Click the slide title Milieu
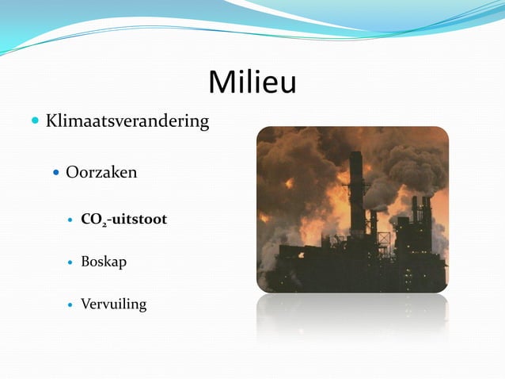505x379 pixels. pyautogui.click(x=252, y=82)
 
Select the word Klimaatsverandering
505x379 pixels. pyautogui.click(x=127, y=121)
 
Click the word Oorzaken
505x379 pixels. pyautogui.click(x=101, y=172)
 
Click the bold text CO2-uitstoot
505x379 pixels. pyautogui.click(x=123, y=219)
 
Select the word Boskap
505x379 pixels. pyautogui.click(x=104, y=262)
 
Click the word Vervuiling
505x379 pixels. pyautogui.click(x=113, y=304)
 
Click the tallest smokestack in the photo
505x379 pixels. pyautogui.click(x=356, y=190)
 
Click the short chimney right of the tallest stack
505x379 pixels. pyautogui.click(x=373, y=226)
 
